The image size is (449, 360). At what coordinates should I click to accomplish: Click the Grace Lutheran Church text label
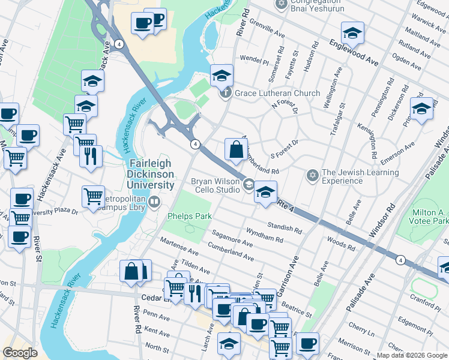(x=277, y=93)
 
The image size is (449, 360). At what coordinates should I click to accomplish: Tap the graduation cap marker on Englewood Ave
(x=352, y=33)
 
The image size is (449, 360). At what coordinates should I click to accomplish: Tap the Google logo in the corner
(x=20, y=353)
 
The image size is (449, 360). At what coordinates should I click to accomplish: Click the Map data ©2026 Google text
(x=411, y=355)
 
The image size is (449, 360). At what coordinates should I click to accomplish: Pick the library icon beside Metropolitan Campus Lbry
(x=155, y=202)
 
